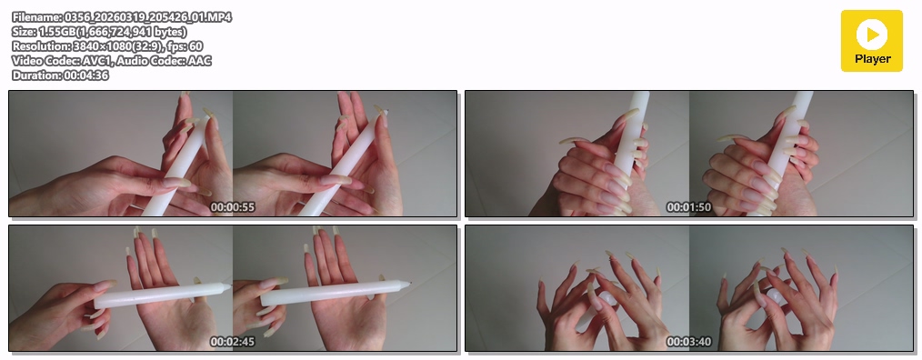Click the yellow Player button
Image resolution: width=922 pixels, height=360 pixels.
click(x=871, y=41)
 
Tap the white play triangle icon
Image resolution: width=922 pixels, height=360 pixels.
click(x=873, y=35)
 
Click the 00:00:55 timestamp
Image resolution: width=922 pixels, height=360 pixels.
click(x=232, y=207)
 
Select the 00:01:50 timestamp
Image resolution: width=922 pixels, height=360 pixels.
click(x=688, y=207)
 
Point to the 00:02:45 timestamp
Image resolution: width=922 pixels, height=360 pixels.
click(x=232, y=342)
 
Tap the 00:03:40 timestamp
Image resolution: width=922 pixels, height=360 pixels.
click(x=688, y=342)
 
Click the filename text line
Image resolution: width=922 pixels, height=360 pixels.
click(x=122, y=17)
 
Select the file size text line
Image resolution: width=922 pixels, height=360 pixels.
click(x=99, y=32)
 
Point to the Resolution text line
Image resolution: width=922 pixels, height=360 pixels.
click(x=107, y=45)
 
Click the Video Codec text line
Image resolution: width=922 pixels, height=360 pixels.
click(x=112, y=61)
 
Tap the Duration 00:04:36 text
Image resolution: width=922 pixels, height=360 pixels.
click(x=60, y=75)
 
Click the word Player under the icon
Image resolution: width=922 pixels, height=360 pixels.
click(x=873, y=59)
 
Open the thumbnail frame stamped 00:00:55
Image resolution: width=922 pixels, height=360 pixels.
click(x=233, y=154)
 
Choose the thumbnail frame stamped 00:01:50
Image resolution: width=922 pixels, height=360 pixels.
click(x=689, y=154)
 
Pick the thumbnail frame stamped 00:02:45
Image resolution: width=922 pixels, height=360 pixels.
click(x=233, y=288)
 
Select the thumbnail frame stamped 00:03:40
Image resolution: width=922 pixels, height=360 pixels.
click(x=689, y=288)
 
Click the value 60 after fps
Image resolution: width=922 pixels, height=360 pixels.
click(x=196, y=45)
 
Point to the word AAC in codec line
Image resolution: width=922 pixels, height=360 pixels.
click(x=200, y=61)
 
